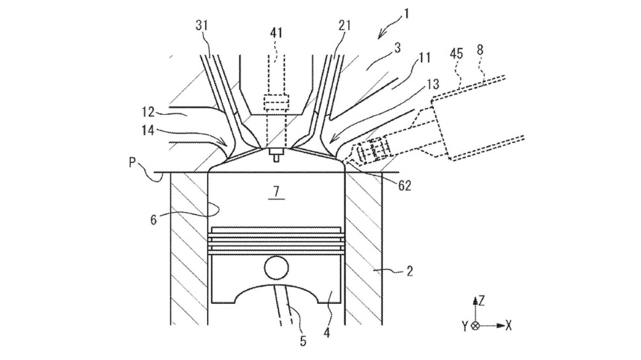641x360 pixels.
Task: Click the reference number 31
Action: click(x=201, y=25)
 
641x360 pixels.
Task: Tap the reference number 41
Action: click(x=276, y=32)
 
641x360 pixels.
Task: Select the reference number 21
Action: click(x=344, y=26)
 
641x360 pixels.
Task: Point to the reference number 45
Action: click(x=456, y=54)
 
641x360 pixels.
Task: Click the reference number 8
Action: click(x=480, y=50)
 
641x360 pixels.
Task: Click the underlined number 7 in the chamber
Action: click(x=276, y=191)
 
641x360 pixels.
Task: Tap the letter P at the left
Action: click(x=132, y=163)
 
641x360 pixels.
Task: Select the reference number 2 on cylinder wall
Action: click(x=409, y=271)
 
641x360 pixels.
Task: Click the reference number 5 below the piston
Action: click(x=303, y=341)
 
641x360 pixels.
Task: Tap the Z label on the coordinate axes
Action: click(x=482, y=301)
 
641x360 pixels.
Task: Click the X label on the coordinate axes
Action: click(x=509, y=326)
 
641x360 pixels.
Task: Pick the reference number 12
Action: click(x=148, y=112)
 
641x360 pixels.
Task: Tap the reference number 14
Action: click(x=148, y=130)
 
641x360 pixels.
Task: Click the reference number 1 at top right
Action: click(x=407, y=14)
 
